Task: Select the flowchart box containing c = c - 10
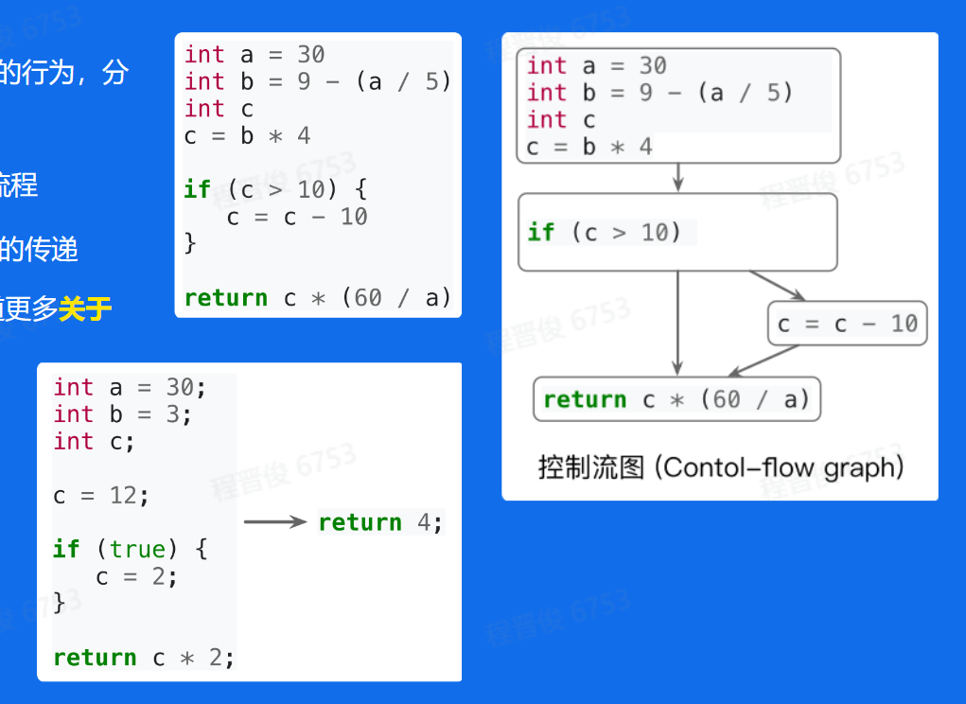pyautogui.click(x=848, y=325)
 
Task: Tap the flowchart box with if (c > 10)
pyautogui.click(x=677, y=233)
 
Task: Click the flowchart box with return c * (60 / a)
pyautogui.click(x=677, y=399)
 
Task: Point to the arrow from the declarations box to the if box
pyautogui.click(x=677, y=178)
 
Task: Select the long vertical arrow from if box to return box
pyautogui.click(x=677, y=322)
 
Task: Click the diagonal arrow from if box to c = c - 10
pyautogui.click(x=776, y=285)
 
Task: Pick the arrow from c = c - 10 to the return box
pyautogui.click(x=764, y=361)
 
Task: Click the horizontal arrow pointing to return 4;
pyautogui.click(x=275, y=522)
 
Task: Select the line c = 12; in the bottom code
pyautogui.click(x=101, y=495)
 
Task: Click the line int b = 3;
pyautogui.click(x=123, y=414)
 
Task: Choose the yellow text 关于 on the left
pyautogui.click(x=85, y=309)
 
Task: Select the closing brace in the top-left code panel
pyautogui.click(x=190, y=244)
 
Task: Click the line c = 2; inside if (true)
pyautogui.click(x=137, y=576)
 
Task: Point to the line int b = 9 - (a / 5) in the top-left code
pyautogui.click(x=318, y=81)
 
